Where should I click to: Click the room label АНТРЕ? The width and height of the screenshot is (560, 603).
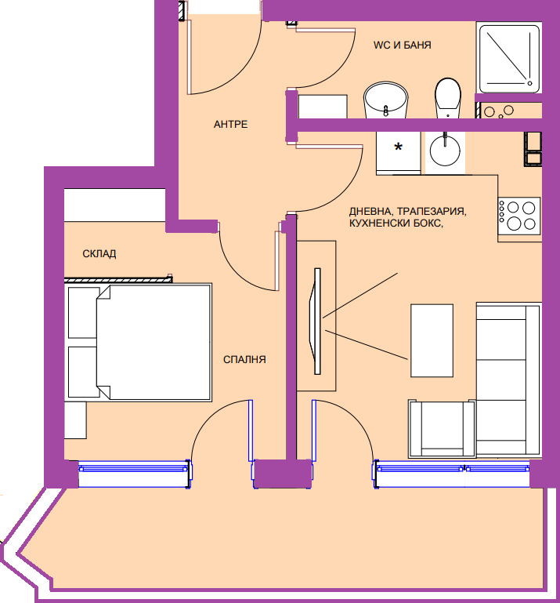(230, 125)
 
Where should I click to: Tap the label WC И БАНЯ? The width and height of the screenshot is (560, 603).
(402, 45)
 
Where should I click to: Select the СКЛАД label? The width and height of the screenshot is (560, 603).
(99, 253)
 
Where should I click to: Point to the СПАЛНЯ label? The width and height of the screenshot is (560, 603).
(245, 360)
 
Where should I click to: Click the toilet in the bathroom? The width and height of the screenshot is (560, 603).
(447, 98)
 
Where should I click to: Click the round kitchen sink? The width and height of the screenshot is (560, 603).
(446, 150)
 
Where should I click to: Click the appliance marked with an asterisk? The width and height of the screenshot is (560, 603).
(399, 151)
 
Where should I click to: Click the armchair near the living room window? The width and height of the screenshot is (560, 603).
(441, 428)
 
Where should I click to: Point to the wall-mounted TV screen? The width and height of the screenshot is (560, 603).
(317, 321)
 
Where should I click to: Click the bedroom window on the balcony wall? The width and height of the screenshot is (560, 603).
(134, 468)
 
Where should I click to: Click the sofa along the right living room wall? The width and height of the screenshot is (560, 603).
(508, 380)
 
